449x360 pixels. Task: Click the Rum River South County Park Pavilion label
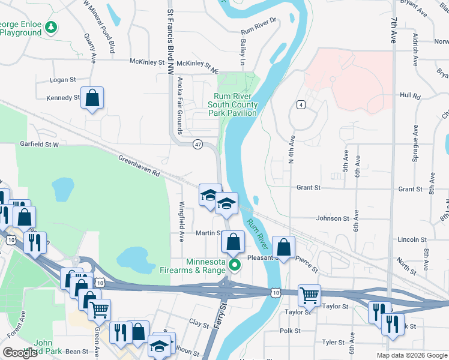tap(233, 104)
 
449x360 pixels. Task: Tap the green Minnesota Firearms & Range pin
tap(235, 264)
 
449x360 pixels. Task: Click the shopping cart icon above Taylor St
tap(309, 294)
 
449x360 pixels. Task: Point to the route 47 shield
tap(197, 145)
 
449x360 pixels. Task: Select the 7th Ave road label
tap(393, 30)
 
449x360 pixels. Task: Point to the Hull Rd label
tap(409, 95)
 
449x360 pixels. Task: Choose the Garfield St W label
tap(38, 145)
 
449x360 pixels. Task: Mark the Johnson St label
tap(333, 219)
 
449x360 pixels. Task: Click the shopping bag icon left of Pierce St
tap(284, 247)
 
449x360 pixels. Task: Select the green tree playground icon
tap(52, 26)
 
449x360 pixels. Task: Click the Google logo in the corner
tap(20, 353)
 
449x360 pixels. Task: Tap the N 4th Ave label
tap(291, 149)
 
